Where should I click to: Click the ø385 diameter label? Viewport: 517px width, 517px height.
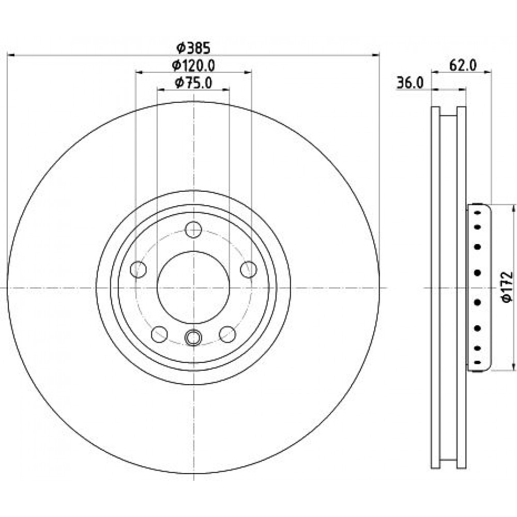pos(193,49)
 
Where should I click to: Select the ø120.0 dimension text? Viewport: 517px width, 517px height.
pos(193,66)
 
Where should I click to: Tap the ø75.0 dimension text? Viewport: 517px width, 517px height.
pos(193,83)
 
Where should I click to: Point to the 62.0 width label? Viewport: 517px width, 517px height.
pos(463,65)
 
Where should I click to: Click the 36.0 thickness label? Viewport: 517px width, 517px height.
pos(409,83)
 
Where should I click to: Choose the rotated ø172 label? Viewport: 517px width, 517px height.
pos(507,286)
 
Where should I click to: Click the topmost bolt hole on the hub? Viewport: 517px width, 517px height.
pos(193,230)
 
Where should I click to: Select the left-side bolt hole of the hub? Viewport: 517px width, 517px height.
pos(139,269)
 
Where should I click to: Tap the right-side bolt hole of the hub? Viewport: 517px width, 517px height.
pos(248,269)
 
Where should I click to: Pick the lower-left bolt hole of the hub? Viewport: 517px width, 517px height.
pos(159,334)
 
